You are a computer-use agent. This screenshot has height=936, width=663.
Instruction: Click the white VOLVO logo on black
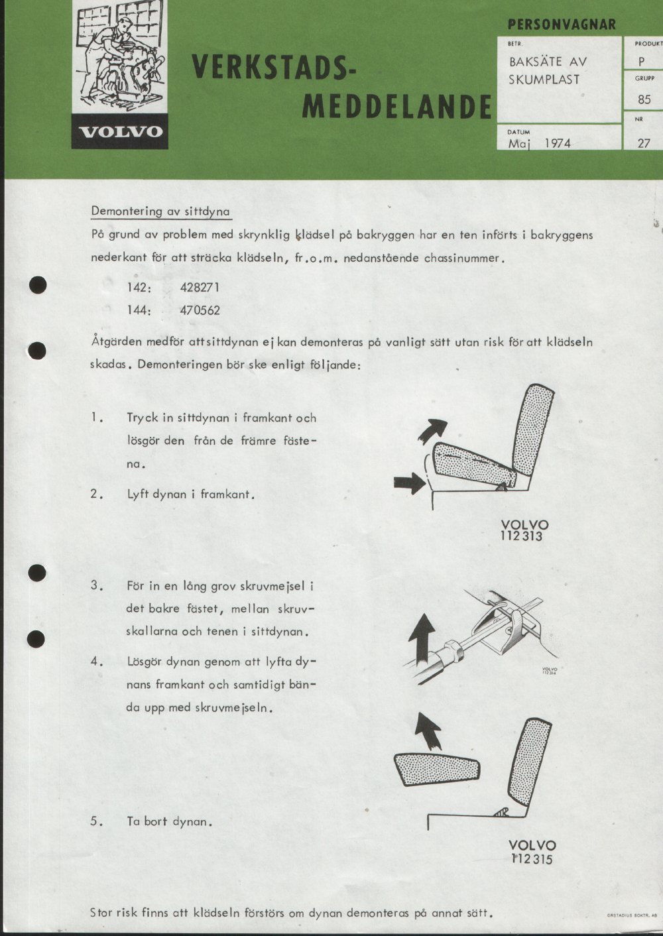click(x=121, y=132)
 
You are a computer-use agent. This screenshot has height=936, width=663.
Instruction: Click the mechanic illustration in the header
click(x=120, y=56)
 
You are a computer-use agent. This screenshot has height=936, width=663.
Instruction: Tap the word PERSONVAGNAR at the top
click(x=562, y=25)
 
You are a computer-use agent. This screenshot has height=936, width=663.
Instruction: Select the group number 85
click(x=644, y=99)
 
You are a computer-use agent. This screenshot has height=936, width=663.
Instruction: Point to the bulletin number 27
click(x=644, y=143)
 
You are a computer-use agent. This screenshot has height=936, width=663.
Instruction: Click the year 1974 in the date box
click(x=558, y=144)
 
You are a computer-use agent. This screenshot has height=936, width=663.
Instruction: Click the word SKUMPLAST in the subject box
click(x=544, y=80)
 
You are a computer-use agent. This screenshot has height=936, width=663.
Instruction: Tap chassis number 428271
click(x=200, y=288)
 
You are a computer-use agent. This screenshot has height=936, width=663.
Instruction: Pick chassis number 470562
click(x=200, y=310)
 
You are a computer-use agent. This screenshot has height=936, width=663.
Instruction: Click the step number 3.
click(x=95, y=585)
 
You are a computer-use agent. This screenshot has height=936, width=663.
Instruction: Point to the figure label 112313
click(x=521, y=536)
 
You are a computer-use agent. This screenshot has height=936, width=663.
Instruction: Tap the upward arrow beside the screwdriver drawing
click(x=422, y=638)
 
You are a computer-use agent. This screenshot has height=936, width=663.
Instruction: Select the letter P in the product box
click(x=642, y=62)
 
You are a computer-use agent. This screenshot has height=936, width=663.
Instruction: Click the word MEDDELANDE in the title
click(x=396, y=107)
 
